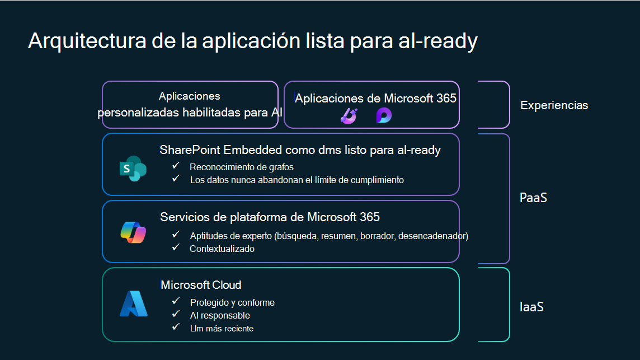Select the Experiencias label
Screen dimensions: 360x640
554,105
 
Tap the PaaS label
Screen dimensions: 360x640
533,198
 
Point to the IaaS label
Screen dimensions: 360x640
531,307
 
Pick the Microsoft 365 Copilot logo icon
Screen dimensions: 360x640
133,232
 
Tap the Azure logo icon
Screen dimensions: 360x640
134,303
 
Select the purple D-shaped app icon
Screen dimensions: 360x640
383,115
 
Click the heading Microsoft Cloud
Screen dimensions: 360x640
201,285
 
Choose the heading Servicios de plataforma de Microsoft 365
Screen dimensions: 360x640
270,217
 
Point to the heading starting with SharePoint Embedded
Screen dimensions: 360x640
300,150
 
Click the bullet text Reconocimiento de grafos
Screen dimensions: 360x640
241,167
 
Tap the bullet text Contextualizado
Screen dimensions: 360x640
222,249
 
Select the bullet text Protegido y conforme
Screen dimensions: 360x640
232,302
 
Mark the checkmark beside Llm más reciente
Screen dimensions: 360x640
176,327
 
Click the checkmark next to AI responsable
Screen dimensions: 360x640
176,314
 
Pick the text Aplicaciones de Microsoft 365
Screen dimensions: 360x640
375,99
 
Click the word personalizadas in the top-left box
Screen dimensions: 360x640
138,113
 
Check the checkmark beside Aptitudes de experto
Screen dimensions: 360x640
176,235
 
